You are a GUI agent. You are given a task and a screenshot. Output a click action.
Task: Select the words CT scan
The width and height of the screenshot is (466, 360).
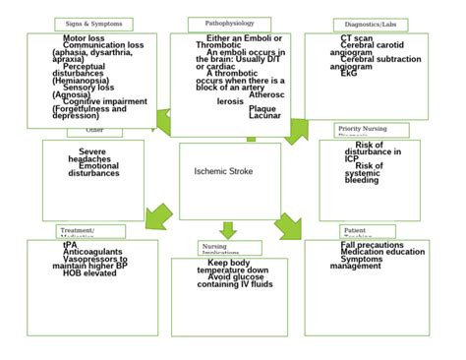point(356,37)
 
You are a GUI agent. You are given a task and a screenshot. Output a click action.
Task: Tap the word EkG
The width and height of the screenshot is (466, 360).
point(349,73)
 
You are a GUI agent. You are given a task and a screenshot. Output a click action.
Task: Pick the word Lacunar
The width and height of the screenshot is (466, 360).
point(264,116)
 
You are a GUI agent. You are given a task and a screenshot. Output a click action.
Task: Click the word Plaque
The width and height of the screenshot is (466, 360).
point(262,108)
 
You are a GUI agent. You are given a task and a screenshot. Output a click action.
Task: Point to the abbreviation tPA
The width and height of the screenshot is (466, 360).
point(70,245)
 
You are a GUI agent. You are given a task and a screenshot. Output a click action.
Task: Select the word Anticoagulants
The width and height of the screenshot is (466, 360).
point(92,252)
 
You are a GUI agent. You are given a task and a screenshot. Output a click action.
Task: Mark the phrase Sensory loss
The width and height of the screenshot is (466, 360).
point(88,87)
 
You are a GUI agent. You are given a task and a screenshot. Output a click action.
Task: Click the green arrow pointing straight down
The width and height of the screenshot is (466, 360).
point(228,230)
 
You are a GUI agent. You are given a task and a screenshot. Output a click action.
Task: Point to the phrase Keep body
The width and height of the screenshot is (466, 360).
point(229,263)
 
